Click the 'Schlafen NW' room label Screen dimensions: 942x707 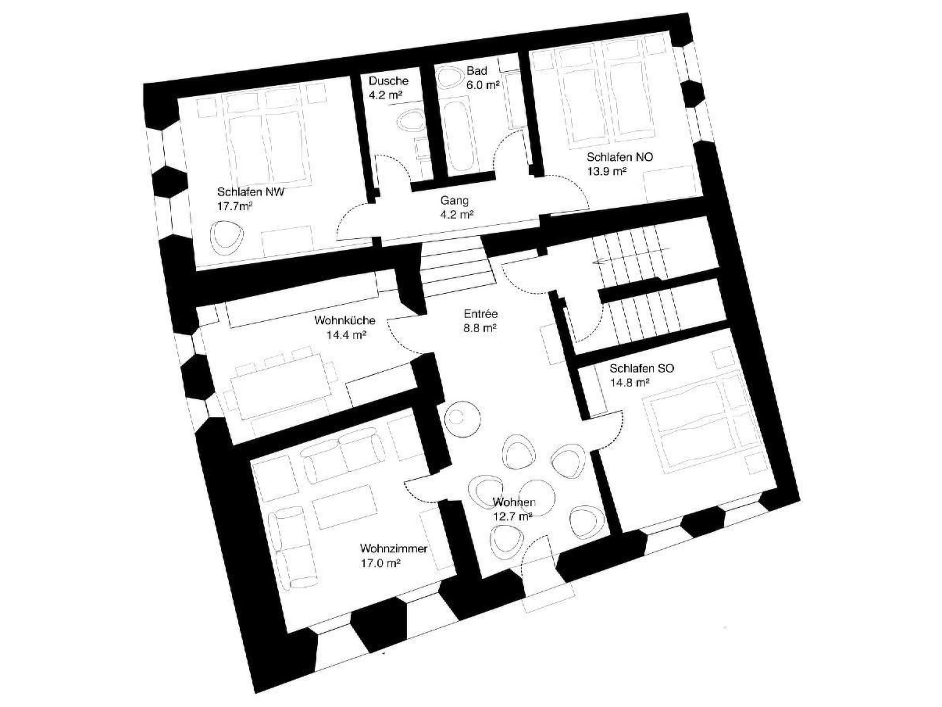pyautogui.click(x=251, y=191)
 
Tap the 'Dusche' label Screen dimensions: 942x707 pyautogui.click(x=389, y=81)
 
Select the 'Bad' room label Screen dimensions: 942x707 pyautogui.click(x=477, y=71)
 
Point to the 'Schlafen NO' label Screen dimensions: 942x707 pyautogui.click(x=620, y=157)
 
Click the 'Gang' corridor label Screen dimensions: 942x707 pyautogui.click(x=454, y=200)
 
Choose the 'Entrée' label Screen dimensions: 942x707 pyautogui.click(x=481, y=314)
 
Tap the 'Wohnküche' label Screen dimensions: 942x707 pyautogui.click(x=345, y=320)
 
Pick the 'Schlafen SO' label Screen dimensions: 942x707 pyautogui.click(x=642, y=368)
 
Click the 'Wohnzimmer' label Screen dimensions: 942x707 pyautogui.click(x=394, y=549)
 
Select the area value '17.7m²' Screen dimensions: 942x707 pyautogui.click(x=235, y=206)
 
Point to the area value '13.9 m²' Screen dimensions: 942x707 pyautogui.click(x=606, y=171)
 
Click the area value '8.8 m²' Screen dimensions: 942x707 pyautogui.click(x=480, y=328)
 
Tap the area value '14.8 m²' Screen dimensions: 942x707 pyautogui.click(x=630, y=382)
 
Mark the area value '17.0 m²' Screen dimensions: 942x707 pyautogui.click(x=380, y=563)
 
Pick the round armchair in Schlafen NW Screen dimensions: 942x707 pyautogui.click(x=226, y=238)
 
